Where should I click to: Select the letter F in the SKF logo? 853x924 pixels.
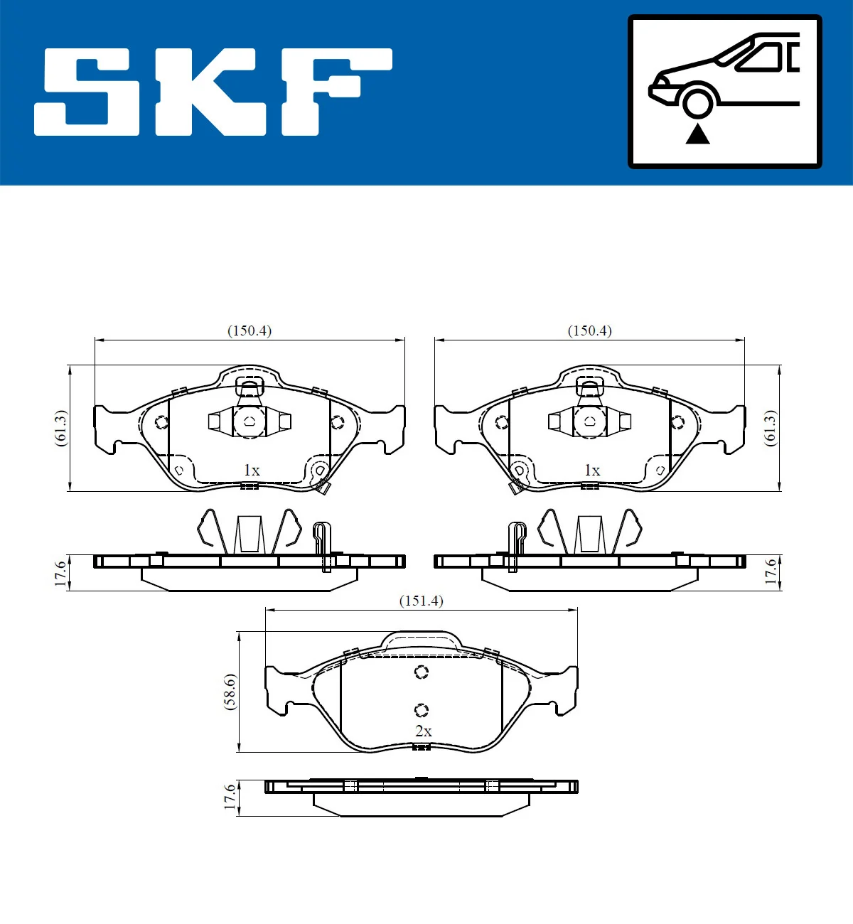(x=334, y=91)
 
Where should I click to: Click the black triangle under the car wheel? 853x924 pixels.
(x=697, y=134)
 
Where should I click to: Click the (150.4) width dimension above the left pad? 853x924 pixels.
(x=250, y=331)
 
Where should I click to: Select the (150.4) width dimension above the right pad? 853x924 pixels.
(x=589, y=331)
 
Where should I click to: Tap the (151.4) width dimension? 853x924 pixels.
(x=421, y=601)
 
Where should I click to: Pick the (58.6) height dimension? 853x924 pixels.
(x=230, y=692)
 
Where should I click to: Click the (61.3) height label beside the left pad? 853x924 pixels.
(x=61, y=428)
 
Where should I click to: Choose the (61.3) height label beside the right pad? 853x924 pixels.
(x=771, y=428)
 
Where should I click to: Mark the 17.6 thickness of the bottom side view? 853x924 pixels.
(x=230, y=797)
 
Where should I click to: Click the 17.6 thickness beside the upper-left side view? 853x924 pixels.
(x=61, y=573)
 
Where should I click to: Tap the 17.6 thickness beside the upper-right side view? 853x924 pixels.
(x=771, y=571)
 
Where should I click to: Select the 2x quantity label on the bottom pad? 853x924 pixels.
(x=423, y=731)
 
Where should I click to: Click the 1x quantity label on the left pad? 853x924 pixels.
(x=252, y=470)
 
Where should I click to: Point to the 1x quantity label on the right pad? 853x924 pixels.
(x=592, y=470)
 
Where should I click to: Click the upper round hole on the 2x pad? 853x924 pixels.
(x=422, y=672)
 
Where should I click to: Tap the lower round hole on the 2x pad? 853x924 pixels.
(x=422, y=709)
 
